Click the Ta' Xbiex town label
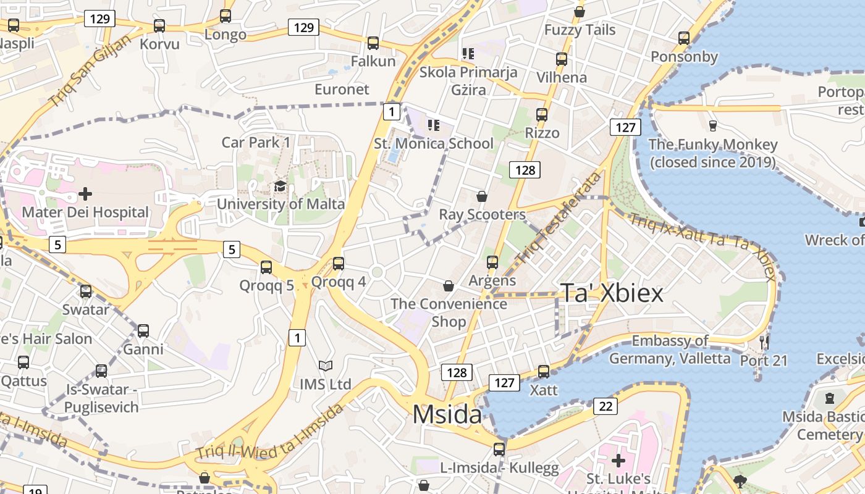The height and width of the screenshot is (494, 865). coord(611,293)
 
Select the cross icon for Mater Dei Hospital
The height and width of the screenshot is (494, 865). coord(85,195)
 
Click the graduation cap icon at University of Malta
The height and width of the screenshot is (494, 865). coord(280,186)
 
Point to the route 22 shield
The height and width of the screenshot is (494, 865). coord(605,406)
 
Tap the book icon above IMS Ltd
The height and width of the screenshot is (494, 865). coord(325,366)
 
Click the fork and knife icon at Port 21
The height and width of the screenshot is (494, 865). coord(764,343)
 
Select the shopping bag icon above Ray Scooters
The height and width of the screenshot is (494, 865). coord(482,197)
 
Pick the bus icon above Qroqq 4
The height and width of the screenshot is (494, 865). coord(338,264)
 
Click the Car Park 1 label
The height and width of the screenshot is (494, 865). coord(256,143)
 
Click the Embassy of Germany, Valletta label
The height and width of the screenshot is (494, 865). coord(670,350)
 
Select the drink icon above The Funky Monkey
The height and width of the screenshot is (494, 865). coord(712,126)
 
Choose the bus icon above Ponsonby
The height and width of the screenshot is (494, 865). coord(683,38)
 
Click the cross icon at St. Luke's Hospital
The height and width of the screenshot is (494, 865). coord(618,461)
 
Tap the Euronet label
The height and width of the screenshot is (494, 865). coord(342,89)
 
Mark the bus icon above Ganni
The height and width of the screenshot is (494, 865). coord(143,331)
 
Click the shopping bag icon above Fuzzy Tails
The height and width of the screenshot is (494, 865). coord(580,12)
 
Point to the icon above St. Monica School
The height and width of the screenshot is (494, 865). coord(434,125)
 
